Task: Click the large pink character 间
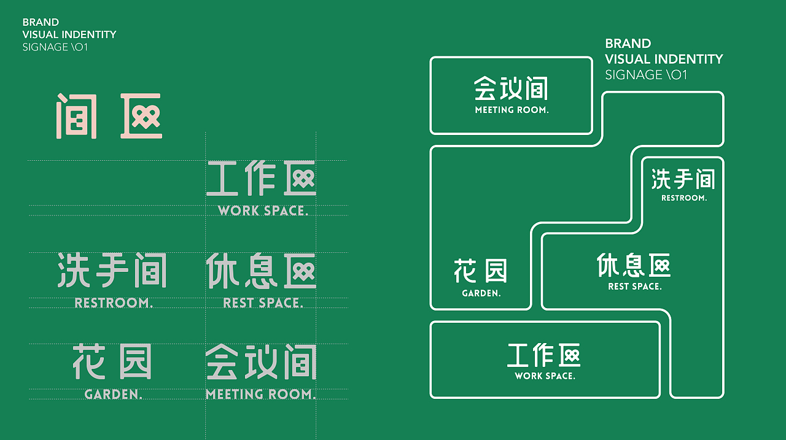click(x=77, y=116)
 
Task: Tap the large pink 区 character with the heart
click(x=141, y=116)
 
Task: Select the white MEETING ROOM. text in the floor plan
click(x=512, y=110)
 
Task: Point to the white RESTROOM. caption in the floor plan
click(x=683, y=198)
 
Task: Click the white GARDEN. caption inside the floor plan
click(x=481, y=293)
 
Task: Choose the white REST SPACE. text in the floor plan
click(x=634, y=287)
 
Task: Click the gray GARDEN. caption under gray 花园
click(x=114, y=395)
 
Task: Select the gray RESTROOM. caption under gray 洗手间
click(x=114, y=303)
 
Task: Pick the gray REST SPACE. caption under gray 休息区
click(x=263, y=303)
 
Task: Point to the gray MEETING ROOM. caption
click(x=261, y=395)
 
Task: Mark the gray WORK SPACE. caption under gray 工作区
click(x=263, y=210)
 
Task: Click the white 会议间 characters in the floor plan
click(x=511, y=88)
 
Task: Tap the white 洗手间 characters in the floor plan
click(x=683, y=180)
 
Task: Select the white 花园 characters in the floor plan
click(x=481, y=271)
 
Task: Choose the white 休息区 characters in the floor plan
click(x=634, y=265)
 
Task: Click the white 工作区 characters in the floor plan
click(x=544, y=355)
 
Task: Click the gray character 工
click(x=222, y=179)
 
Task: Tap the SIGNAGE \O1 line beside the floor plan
click(x=646, y=75)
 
